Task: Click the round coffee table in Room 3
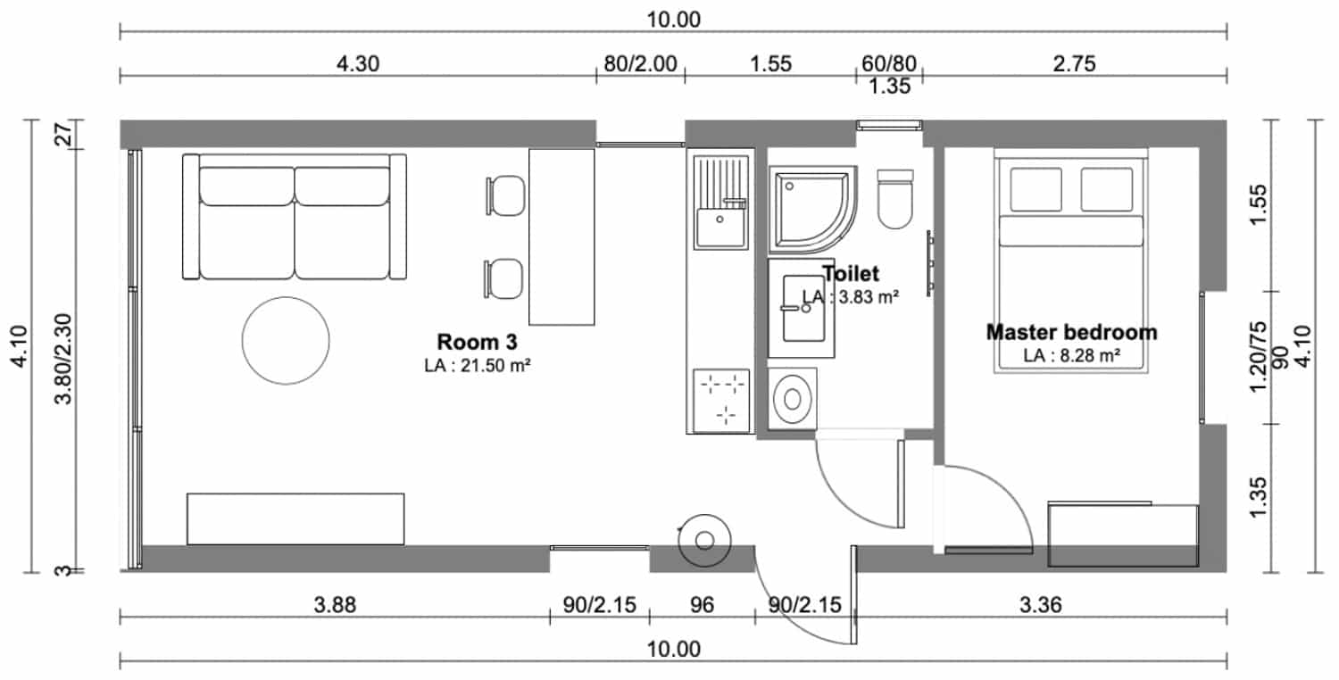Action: (286, 341)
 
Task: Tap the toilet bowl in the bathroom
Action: (894, 199)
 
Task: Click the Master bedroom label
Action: (1071, 332)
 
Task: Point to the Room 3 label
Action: (477, 342)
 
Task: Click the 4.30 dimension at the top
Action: (357, 63)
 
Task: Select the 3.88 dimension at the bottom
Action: (335, 605)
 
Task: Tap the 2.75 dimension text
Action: (1074, 63)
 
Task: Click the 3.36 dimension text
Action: (1041, 605)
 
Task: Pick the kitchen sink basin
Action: (720, 227)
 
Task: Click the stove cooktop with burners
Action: (721, 401)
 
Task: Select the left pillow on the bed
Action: (1035, 189)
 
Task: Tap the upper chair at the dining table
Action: (506, 195)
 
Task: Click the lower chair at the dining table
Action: (504, 278)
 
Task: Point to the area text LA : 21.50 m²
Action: (478, 365)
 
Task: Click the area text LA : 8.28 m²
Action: (1071, 355)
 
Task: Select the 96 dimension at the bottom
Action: (702, 605)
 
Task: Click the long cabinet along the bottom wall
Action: (295, 518)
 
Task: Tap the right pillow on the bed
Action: (1107, 189)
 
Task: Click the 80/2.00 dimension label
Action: (640, 63)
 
